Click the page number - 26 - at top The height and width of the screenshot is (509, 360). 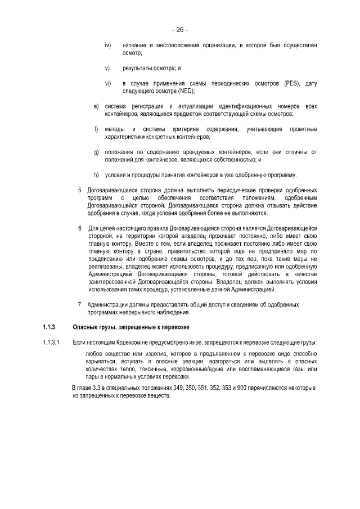point(180,29)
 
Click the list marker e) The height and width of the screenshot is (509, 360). point(96,107)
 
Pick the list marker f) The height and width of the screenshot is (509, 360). point(96,130)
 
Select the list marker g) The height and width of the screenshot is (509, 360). point(96,152)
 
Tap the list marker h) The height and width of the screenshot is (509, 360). point(96,175)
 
